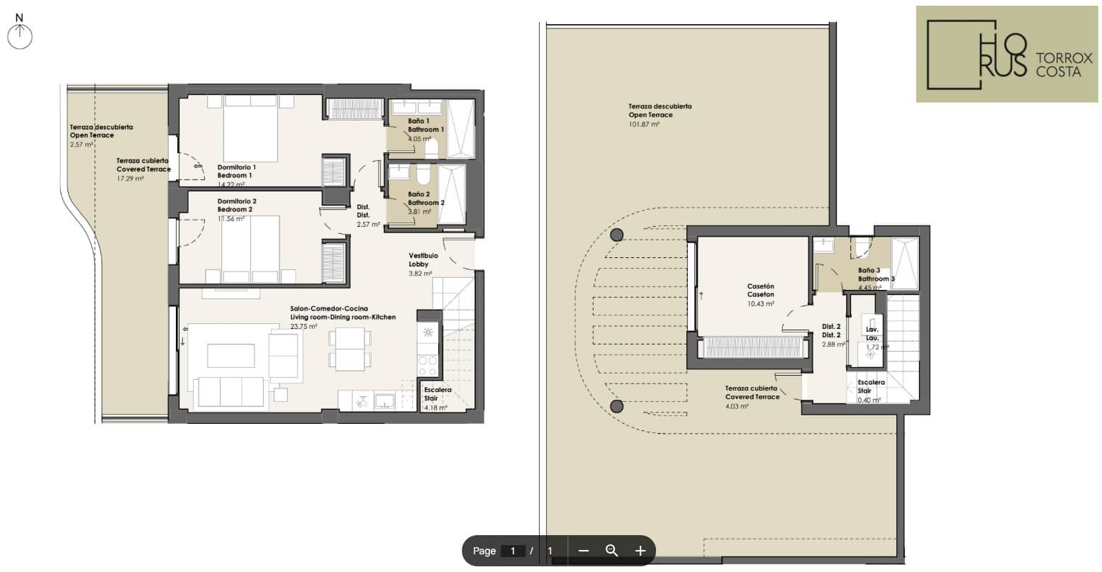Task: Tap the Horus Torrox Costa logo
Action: click(1006, 54)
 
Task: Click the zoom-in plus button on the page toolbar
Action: click(640, 551)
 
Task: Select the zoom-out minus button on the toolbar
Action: click(584, 551)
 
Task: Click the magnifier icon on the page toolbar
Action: click(611, 551)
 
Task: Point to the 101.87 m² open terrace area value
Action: click(644, 125)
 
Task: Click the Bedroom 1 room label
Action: click(235, 176)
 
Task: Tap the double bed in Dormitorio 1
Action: click(251, 129)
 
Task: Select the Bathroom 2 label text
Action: click(426, 203)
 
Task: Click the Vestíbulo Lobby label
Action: click(423, 259)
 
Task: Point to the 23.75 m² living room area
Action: click(304, 327)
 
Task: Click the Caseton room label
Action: click(761, 295)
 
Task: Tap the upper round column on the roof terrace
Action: click(616, 235)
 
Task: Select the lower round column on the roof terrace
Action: click(616, 406)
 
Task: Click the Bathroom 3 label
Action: click(876, 279)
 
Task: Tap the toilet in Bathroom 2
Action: click(423, 173)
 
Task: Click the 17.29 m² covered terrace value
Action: click(130, 179)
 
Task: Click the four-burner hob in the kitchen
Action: click(428, 366)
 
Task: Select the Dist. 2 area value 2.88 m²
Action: click(833, 344)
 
